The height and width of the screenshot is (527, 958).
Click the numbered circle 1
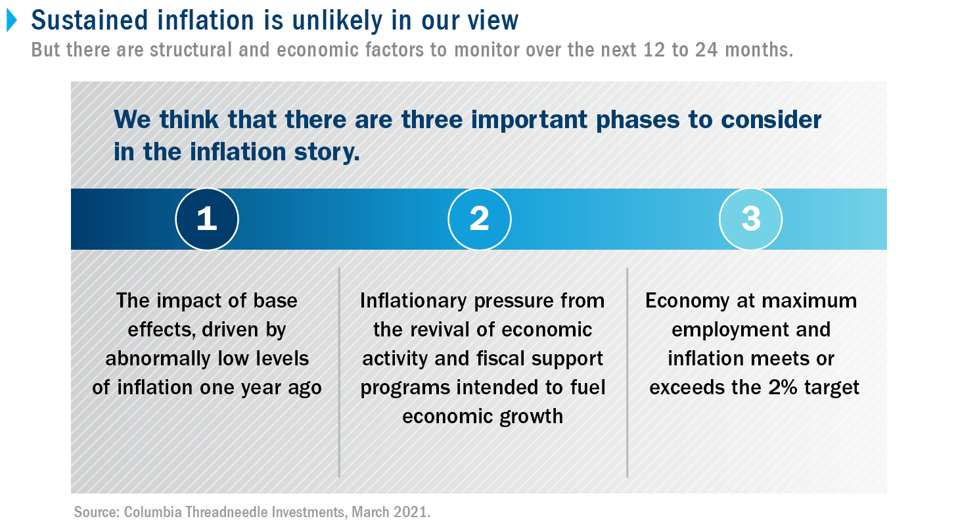click(207, 219)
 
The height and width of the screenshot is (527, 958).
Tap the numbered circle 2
click(480, 219)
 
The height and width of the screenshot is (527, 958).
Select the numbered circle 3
click(751, 219)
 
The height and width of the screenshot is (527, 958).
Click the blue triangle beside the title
click(12, 20)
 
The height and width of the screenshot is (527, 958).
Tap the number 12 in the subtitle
click(654, 50)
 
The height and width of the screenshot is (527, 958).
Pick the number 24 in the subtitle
click(706, 50)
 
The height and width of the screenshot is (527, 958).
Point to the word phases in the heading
click(637, 120)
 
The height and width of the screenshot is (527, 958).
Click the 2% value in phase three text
click(783, 388)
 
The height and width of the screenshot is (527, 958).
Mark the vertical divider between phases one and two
click(339, 373)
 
